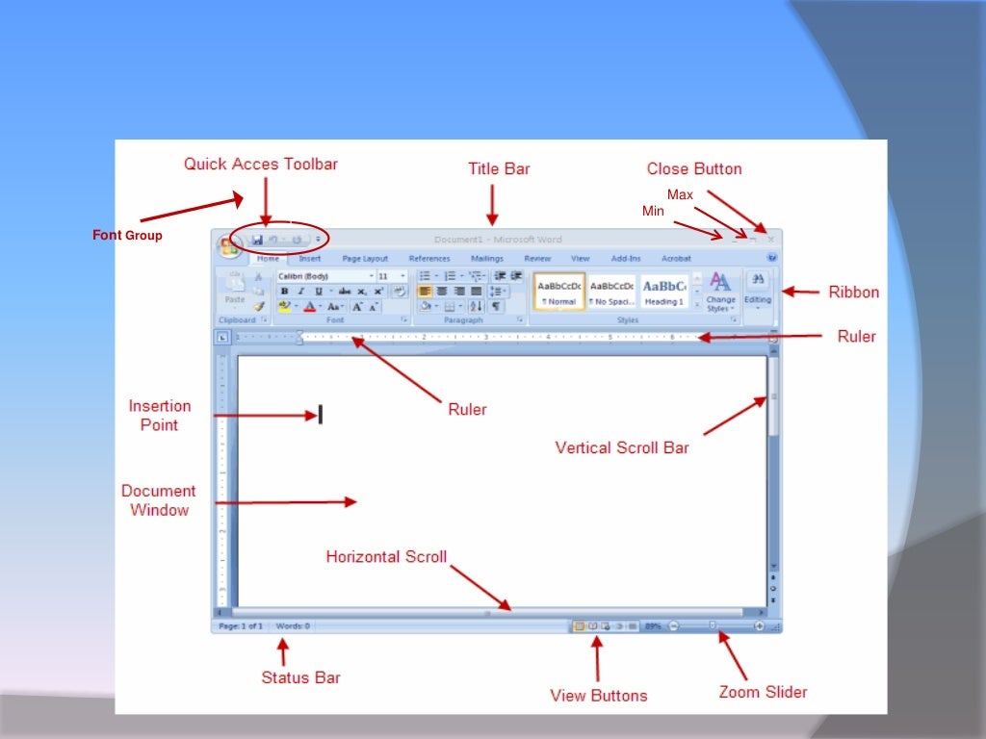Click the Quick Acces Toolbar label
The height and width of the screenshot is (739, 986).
click(x=261, y=165)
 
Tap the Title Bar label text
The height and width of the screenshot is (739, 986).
click(x=499, y=169)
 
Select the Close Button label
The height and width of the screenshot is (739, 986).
click(x=694, y=169)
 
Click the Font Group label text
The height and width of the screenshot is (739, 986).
click(x=127, y=235)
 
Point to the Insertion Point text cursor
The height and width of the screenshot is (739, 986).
click(x=320, y=415)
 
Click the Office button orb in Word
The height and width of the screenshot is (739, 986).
click(x=229, y=247)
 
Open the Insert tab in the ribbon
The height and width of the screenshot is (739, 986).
click(x=310, y=259)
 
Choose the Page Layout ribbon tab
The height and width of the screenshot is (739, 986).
click(x=365, y=259)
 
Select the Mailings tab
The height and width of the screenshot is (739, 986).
click(x=487, y=259)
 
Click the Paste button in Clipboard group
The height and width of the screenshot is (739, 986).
click(x=235, y=288)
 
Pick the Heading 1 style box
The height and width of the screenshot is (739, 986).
click(x=664, y=291)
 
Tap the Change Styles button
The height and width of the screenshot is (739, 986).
click(x=719, y=292)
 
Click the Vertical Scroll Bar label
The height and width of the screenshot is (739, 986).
click(x=622, y=447)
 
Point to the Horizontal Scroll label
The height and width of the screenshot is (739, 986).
click(x=386, y=557)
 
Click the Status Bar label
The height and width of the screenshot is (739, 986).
click(x=300, y=677)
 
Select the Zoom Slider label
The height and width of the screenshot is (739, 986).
click(x=763, y=692)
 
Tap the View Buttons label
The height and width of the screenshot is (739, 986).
click(x=598, y=695)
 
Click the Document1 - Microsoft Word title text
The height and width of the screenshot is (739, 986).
click(x=498, y=240)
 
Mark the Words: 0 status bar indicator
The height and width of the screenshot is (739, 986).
click(x=293, y=626)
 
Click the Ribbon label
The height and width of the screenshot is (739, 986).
click(x=853, y=292)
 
